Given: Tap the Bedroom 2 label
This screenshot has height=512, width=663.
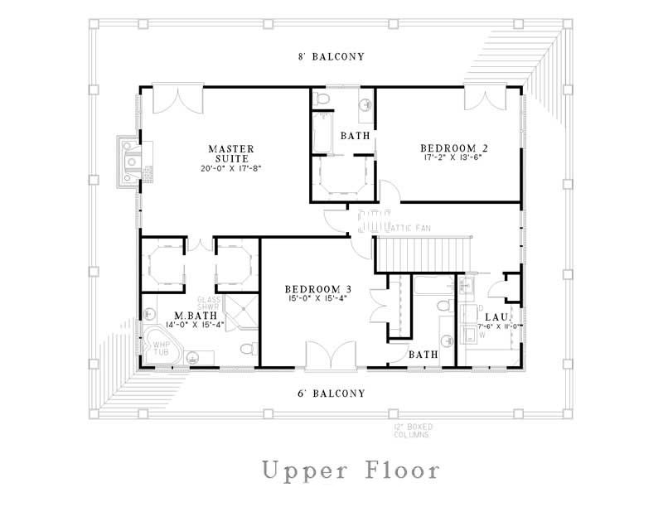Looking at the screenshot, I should click(x=454, y=148).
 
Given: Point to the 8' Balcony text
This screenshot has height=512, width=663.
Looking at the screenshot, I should click(x=331, y=56).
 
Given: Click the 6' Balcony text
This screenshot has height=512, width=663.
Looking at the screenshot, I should click(x=331, y=394).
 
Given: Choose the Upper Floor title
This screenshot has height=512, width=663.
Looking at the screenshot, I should click(x=350, y=471).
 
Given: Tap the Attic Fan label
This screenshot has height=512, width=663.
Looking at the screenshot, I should click(x=407, y=227).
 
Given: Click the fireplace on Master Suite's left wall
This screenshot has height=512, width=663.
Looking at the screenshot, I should click(x=131, y=162).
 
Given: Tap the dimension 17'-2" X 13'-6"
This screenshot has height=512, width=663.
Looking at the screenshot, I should click(x=454, y=160).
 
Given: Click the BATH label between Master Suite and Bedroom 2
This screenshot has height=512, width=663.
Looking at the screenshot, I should click(x=355, y=135).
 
